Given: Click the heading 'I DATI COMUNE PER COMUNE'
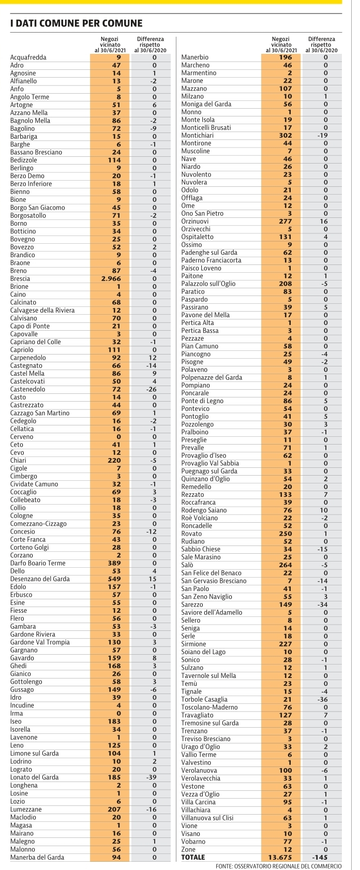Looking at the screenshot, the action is coord(77,23).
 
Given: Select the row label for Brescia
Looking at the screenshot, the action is coord(20,279).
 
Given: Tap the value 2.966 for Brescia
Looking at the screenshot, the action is coord(111,279).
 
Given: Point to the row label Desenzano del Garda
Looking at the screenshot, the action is coord(40,579).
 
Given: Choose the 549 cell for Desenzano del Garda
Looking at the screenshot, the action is coord(114,579).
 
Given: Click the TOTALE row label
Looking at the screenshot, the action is coord(193,857).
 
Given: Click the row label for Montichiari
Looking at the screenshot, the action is coord(197,136).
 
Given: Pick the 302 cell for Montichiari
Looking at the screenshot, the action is coord(286,136).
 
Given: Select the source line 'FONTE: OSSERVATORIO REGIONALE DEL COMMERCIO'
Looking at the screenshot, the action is coord(278,866).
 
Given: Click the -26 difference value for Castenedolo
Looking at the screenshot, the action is coord(151,389).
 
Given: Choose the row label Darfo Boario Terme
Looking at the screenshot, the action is coord(38,563).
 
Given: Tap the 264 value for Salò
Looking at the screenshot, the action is coord(286,565).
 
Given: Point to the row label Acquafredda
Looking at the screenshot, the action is coord(28,57).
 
